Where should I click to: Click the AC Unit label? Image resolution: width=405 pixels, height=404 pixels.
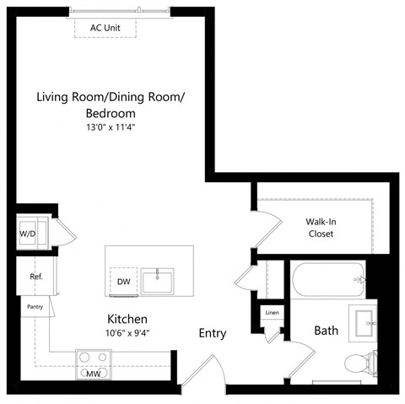point(105,28)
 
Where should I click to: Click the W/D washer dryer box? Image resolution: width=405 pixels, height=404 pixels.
point(27,234)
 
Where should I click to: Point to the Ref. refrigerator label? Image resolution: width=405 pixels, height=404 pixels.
point(35,276)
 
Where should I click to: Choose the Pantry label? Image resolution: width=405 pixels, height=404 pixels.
point(35,307)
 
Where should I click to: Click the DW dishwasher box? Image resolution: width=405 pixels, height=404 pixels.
point(123,282)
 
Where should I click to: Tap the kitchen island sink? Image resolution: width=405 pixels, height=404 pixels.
point(159,280)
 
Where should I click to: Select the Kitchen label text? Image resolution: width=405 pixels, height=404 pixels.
point(127,320)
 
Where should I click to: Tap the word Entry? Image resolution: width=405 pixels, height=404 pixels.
point(213,333)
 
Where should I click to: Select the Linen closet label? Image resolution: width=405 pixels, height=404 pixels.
point(271,313)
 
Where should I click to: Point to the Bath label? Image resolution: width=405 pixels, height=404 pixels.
point(327,331)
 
